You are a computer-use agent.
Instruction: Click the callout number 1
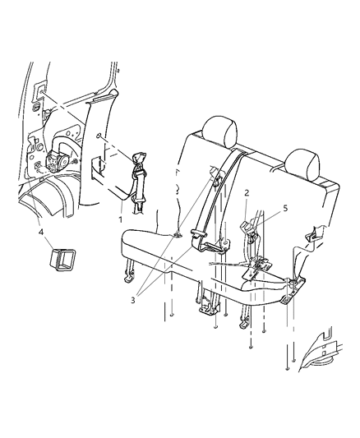pos(120,220)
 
